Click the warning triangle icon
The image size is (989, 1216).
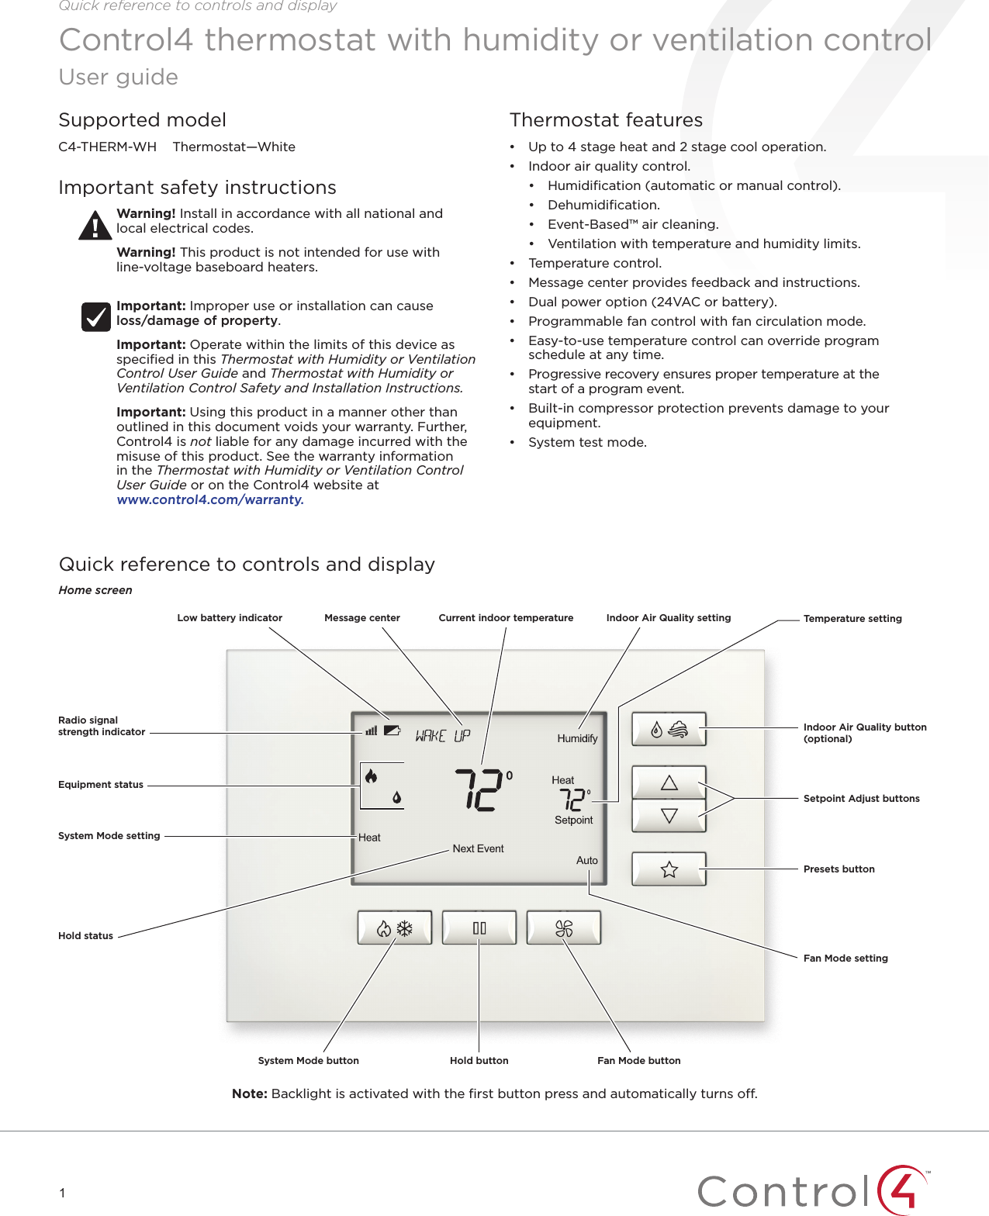point(95,226)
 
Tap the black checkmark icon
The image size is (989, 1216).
point(96,316)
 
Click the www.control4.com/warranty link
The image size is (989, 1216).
point(210,500)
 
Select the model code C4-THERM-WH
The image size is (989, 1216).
point(107,147)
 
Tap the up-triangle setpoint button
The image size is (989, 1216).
point(669,782)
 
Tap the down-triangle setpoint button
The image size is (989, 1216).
point(669,816)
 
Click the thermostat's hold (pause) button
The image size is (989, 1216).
point(479,928)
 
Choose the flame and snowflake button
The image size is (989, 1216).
point(394,928)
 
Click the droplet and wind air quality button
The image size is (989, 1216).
point(669,729)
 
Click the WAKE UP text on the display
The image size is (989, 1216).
point(442,735)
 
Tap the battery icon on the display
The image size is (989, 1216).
point(392,730)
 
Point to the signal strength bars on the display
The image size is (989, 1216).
point(372,730)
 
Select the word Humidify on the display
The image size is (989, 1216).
point(577,738)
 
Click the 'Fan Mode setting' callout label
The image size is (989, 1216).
point(845,959)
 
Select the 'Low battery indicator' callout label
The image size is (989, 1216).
point(230,618)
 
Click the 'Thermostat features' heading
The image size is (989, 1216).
point(606,120)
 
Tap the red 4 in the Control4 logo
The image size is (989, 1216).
point(904,1190)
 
